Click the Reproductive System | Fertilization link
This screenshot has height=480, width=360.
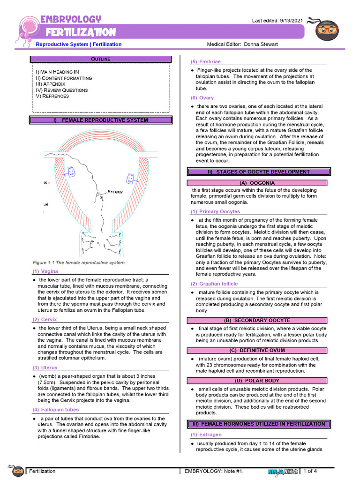pyautogui.click(x=79, y=44)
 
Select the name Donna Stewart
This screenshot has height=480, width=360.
pyautogui.click(x=261, y=44)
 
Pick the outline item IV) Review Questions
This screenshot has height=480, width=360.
pyautogui.click(x=62, y=90)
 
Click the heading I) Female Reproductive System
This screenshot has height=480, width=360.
pyautogui.click(x=101, y=120)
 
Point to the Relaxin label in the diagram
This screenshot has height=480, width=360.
pyautogui.click(x=115, y=192)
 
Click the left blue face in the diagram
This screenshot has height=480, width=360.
pyautogui.click(x=72, y=172)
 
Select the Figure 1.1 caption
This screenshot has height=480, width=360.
pyautogui.click(x=78, y=262)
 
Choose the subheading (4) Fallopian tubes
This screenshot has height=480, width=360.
pyautogui.click(x=55, y=409)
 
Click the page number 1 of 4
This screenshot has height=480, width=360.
pyautogui.click(x=310, y=471)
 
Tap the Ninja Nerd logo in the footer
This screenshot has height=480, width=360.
pyautogui.click(x=283, y=472)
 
